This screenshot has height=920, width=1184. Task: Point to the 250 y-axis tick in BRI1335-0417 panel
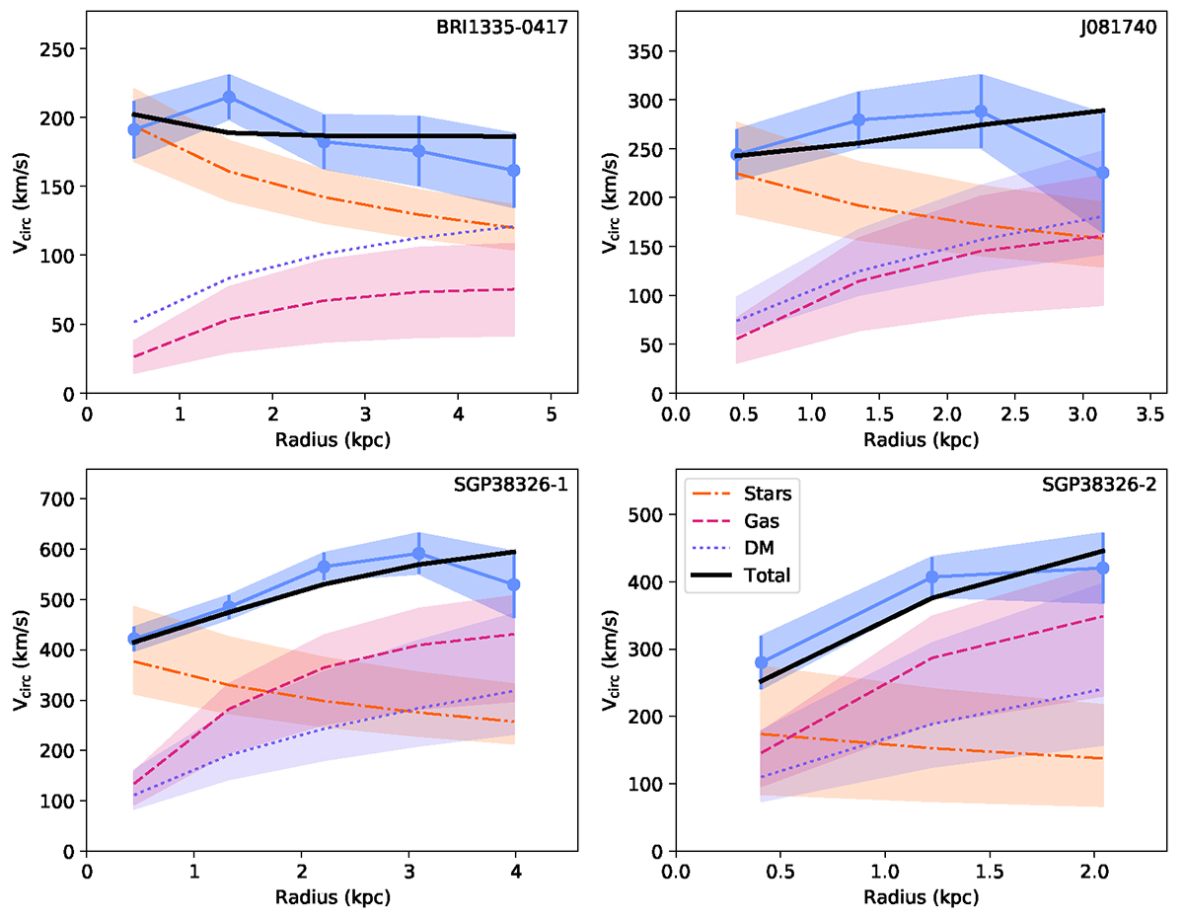pos(60,49)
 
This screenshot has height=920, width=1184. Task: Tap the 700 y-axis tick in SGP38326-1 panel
pos(60,499)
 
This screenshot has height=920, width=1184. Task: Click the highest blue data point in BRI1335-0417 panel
pos(229,97)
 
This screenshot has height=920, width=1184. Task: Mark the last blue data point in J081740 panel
pos(1103,173)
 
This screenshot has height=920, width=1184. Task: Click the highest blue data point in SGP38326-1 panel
pos(418,554)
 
